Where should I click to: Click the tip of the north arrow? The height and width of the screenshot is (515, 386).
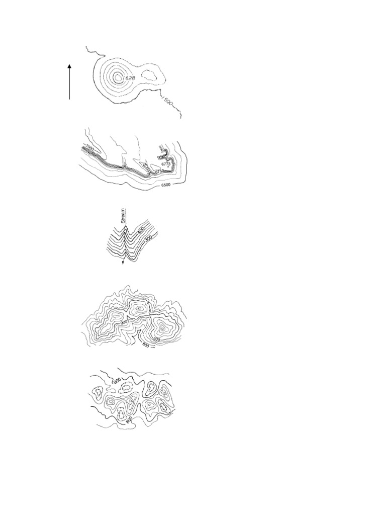[x=69, y=65]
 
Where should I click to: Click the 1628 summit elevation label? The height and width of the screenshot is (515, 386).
[x=129, y=78]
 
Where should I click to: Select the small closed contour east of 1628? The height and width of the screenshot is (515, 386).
[x=150, y=75]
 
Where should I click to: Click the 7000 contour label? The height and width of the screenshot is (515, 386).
[x=90, y=147]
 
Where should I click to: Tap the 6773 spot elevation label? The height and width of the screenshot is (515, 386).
[x=166, y=164]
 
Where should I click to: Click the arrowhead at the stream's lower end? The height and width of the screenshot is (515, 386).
[x=123, y=263]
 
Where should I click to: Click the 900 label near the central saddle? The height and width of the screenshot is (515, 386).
[x=124, y=321]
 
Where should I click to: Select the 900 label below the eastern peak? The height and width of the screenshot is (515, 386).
[x=156, y=339]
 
